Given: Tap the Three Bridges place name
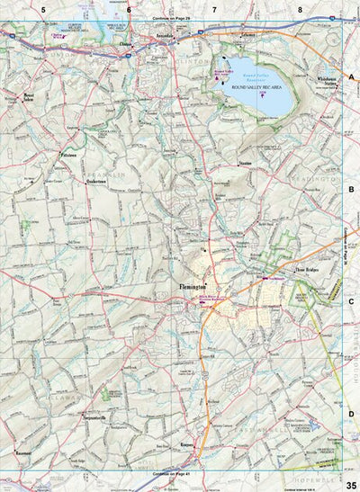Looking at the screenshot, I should tap(283, 268).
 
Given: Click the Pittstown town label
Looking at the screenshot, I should tap(70, 156).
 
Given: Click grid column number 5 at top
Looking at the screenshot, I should tap(43, 10).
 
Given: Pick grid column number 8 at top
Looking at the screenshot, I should tap(300, 10).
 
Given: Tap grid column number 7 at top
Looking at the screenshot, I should tap(214, 10).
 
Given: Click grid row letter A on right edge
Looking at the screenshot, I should tap(352, 77).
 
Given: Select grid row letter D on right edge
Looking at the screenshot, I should tap(352, 414).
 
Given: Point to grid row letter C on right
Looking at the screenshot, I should tap(352, 301).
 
